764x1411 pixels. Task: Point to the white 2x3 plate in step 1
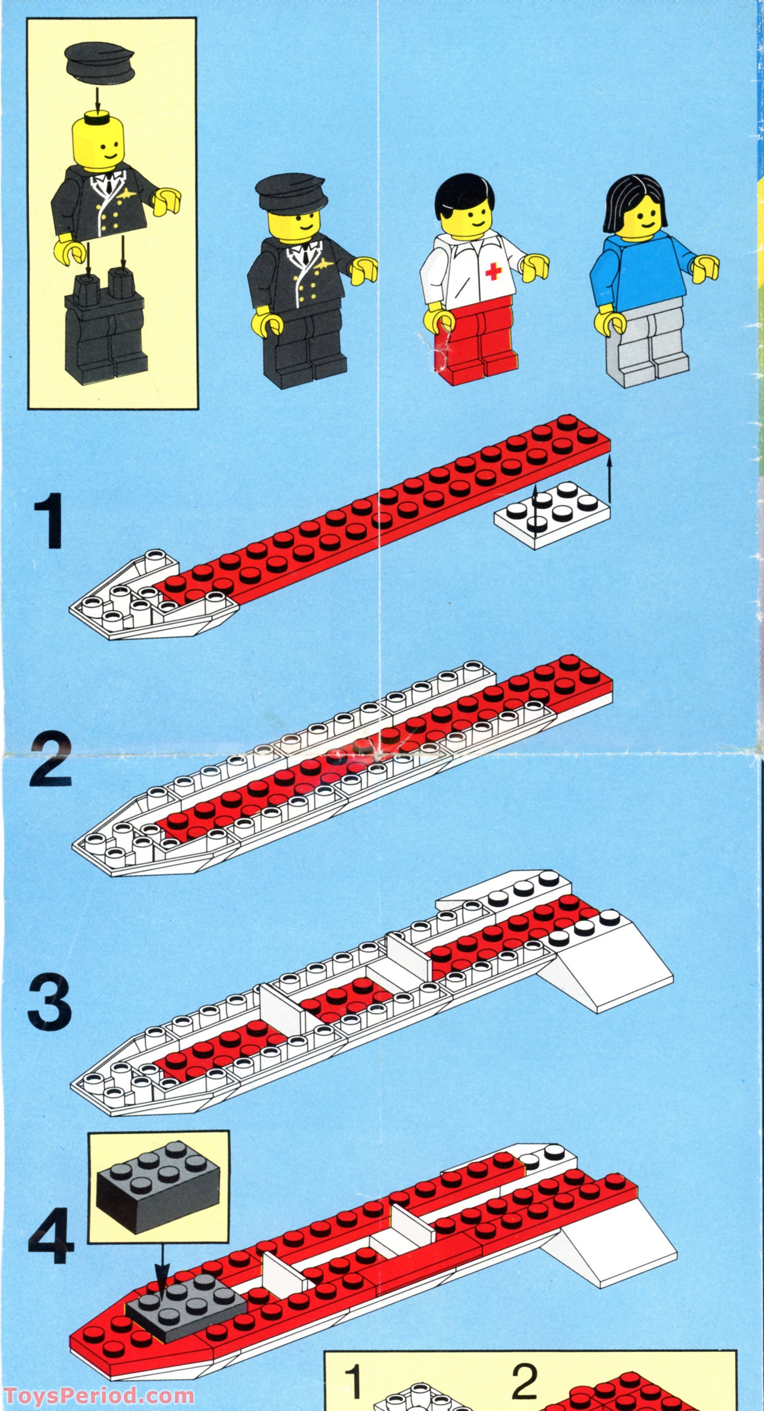[x=552, y=514]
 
